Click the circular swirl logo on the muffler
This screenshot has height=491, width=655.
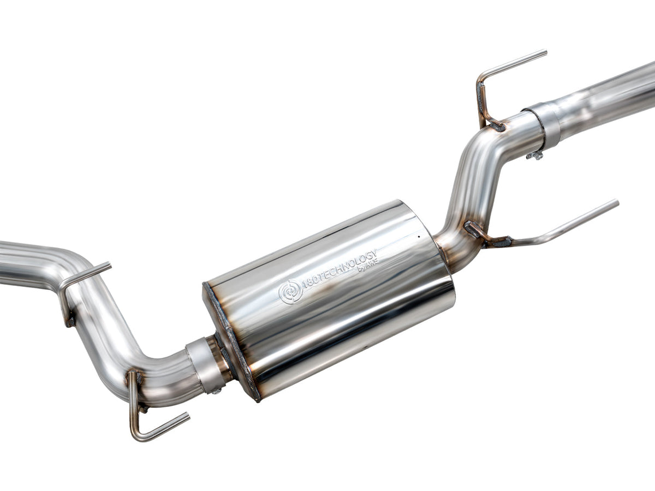[x=290, y=292]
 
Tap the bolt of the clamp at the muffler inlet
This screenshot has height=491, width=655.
[x=217, y=391]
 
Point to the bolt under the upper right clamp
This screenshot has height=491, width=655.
[x=535, y=155]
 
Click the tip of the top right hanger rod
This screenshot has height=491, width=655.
[x=544, y=52]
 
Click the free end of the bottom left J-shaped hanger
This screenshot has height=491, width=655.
[x=187, y=416]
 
